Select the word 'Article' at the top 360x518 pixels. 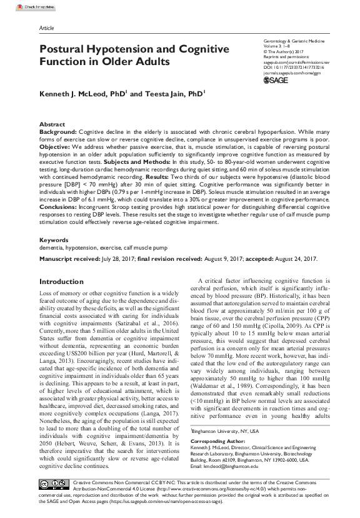coord(46,29)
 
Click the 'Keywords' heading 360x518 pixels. coord(54,240)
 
